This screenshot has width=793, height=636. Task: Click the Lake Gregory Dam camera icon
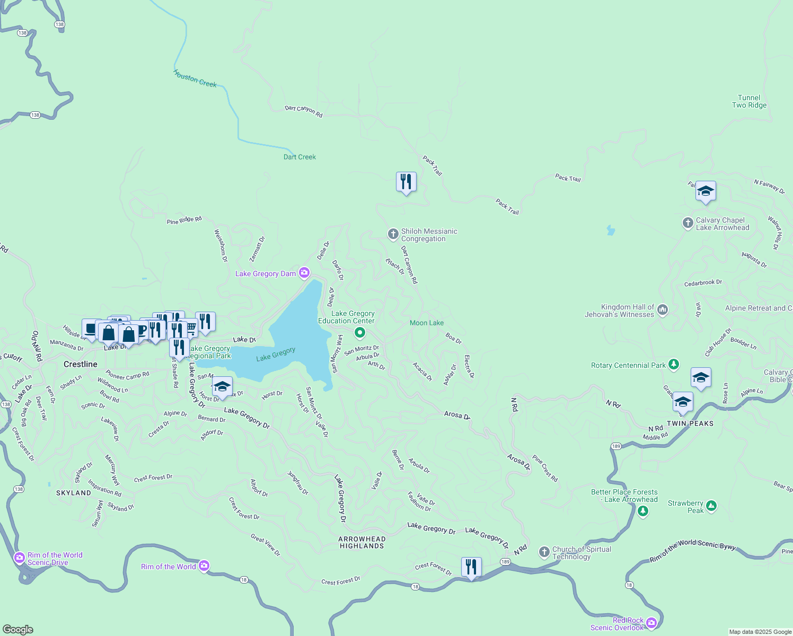304,273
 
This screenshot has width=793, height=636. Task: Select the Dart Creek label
299,157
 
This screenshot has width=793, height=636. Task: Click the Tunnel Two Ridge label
749,101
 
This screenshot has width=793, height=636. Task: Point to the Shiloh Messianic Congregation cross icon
393,234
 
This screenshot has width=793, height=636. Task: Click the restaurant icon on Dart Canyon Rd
406,182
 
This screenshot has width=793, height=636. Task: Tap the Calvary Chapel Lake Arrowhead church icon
688,223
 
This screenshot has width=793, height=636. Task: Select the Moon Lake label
427,323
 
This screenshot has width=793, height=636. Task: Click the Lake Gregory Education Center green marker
360,333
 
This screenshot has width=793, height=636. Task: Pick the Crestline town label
81,364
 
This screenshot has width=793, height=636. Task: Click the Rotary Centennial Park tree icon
674,364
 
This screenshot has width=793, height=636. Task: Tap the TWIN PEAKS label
690,423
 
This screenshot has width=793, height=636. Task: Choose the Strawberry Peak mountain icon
711,506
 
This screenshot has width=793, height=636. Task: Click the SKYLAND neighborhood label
74,493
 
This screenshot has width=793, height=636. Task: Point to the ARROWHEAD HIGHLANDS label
362,542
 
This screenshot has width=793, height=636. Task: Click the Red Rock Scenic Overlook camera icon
651,623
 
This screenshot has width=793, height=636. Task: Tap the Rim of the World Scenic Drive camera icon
20,558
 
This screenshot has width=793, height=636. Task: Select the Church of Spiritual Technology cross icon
544,552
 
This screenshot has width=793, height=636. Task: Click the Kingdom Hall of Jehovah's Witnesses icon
662,310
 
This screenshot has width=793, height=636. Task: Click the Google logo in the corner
18,630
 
